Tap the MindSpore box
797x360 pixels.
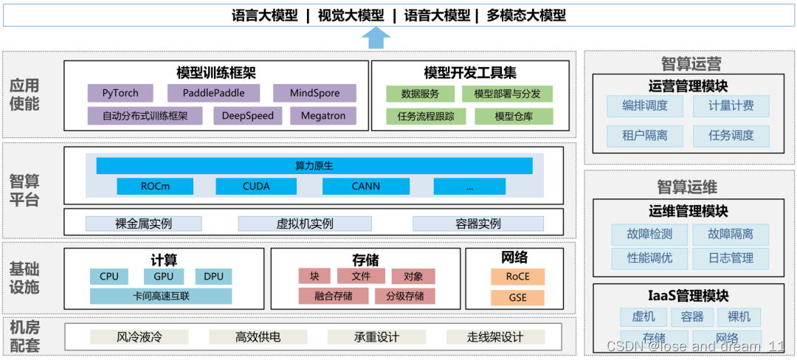[x=314, y=93]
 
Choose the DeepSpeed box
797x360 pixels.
[x=247, y=116]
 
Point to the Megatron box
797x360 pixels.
[x=323, y=116]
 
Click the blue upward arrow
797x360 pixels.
[x=377, y=38]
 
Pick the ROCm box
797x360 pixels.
[x=155, y=186]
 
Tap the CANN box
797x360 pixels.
[x=365, y=186]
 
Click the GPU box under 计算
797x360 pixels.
[x=164, y=277]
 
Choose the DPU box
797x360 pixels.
[x=214, y=277]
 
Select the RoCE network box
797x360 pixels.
[x=517, y=277]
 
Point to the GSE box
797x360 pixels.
[x=517, y=298]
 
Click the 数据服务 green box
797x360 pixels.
[x=420, y=94]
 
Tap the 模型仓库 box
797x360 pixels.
[x=513, y=116]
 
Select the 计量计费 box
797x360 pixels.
[x=731, y=105]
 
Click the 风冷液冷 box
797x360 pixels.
[x=139, y=337]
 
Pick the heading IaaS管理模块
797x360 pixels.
[x=689, y=296]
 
